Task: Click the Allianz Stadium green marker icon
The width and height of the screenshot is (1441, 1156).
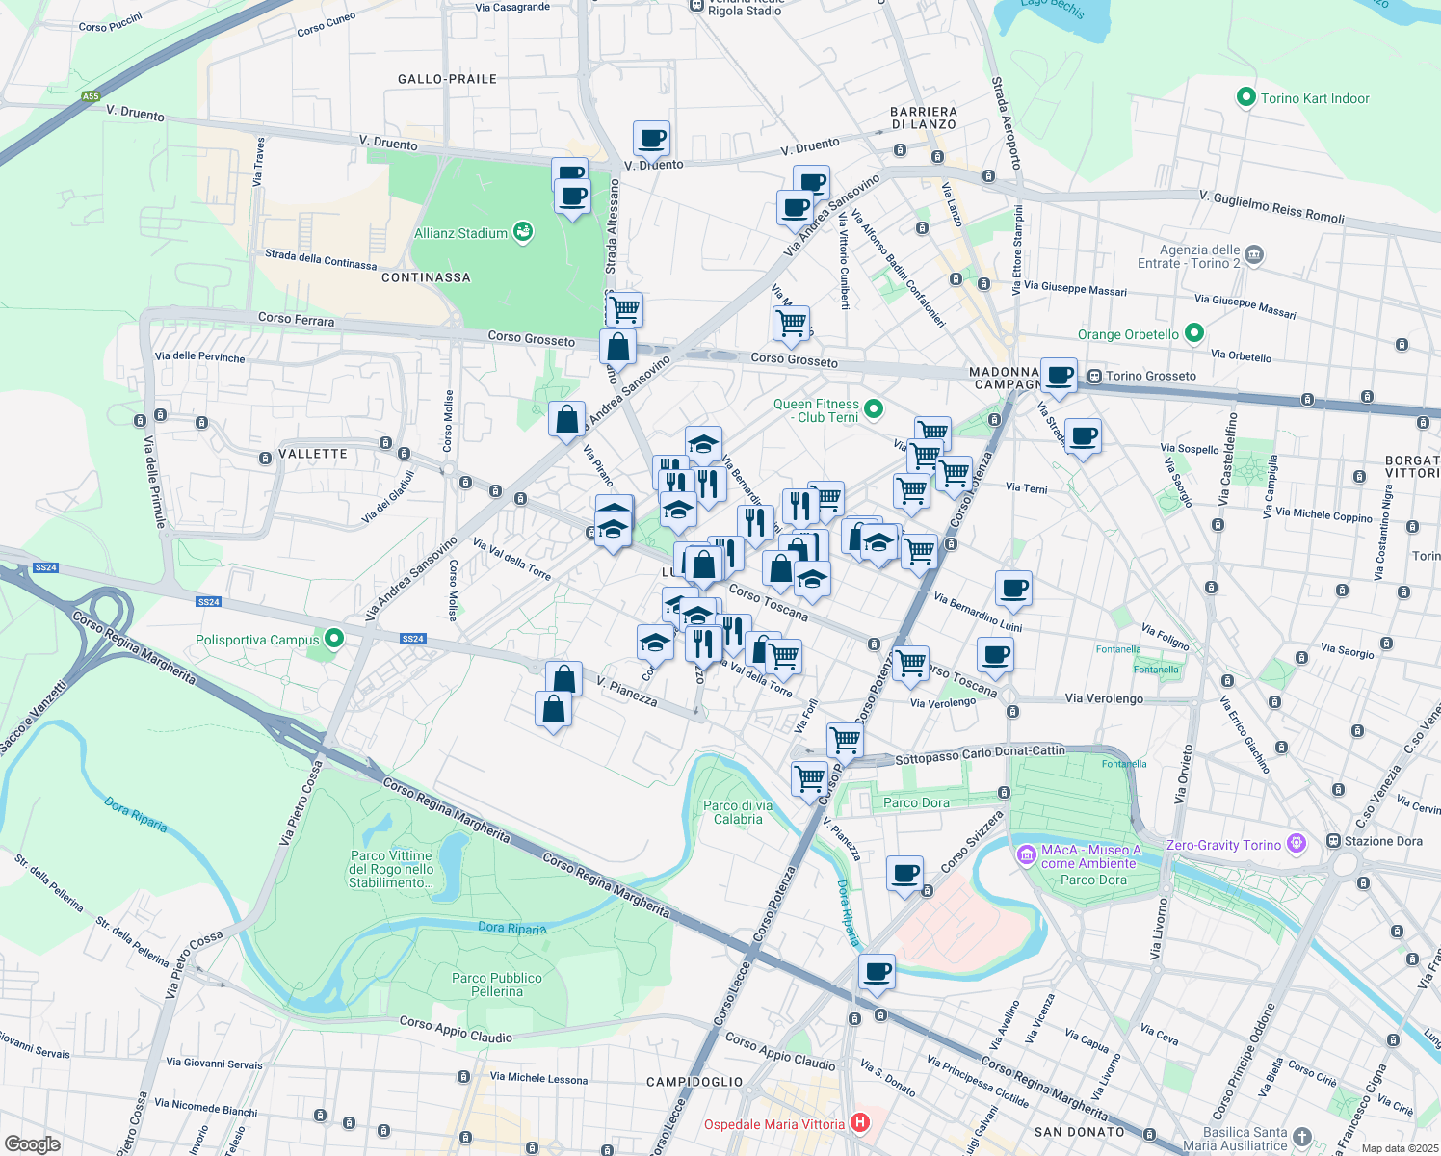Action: coord(523,232)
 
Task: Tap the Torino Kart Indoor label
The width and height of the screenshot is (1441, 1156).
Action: coord(1314,98)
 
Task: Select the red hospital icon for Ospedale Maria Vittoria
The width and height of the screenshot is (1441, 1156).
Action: coord(860,1123)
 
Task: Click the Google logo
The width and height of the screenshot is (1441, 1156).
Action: coord(33,1144)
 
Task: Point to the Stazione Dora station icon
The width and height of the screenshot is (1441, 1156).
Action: coord(1333,841)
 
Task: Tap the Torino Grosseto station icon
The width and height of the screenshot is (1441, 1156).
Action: coord(1094,376)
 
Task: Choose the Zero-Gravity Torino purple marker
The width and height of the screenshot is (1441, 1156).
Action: coord(1297,844)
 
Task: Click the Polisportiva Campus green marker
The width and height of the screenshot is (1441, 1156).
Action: coord(334,639)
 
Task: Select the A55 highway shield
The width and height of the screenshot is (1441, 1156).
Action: coord(91,96)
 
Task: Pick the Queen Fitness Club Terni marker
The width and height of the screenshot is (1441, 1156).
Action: coord(874,409)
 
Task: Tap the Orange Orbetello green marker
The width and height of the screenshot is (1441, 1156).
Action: coord(1194,333)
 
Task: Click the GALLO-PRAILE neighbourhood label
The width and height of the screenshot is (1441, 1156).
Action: coord(447,79)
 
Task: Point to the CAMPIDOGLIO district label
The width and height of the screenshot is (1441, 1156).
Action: coord(694,1082)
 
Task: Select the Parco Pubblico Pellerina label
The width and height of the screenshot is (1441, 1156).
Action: coord(497,985)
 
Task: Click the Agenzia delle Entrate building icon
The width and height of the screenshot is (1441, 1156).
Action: coord(1253,255)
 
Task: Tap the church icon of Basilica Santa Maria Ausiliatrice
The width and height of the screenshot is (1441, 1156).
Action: coord(1301,1137)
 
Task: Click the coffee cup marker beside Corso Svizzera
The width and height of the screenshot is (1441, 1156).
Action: coord(904,874)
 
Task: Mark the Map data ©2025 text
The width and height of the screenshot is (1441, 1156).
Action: coord(1400,1148)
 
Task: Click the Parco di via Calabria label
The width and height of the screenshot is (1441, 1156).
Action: coord(738,812)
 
